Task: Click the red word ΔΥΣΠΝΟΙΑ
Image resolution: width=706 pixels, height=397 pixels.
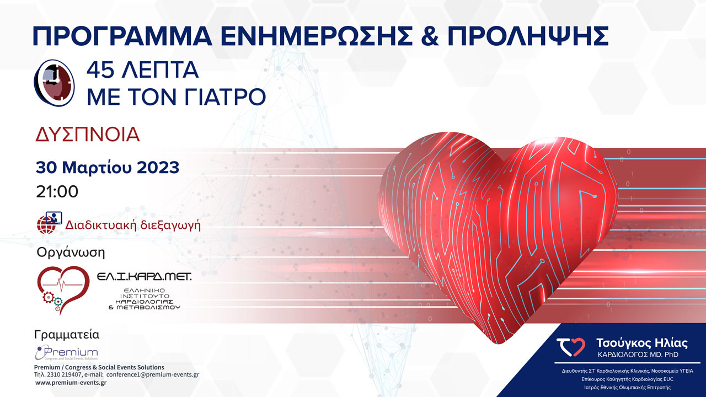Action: [x=88, y=135]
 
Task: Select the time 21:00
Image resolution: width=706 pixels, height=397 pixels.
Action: [x=57, y=191]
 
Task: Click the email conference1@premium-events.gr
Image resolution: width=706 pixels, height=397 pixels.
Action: [x=153, y=374]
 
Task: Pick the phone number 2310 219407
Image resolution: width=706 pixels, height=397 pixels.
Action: [x=65, y=374]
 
